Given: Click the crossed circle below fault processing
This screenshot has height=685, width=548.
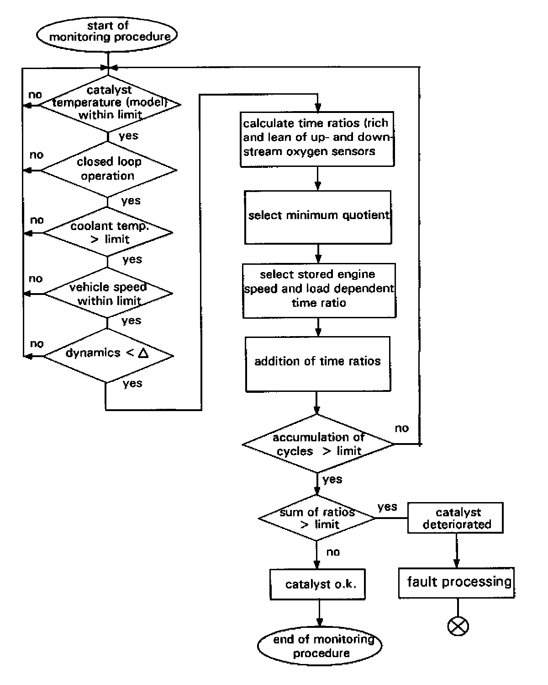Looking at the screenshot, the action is [x=458, y=626].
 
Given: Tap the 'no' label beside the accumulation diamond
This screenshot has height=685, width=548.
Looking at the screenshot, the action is [x=402, y=428].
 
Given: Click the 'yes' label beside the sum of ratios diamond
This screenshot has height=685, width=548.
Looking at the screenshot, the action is [x=387, y=506].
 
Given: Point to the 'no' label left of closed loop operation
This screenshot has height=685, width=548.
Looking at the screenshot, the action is [x=37, y=155].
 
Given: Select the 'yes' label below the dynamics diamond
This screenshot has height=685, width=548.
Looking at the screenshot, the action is [x=132, y=383].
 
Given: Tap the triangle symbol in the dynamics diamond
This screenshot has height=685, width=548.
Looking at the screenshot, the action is [x=143, y=353].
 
